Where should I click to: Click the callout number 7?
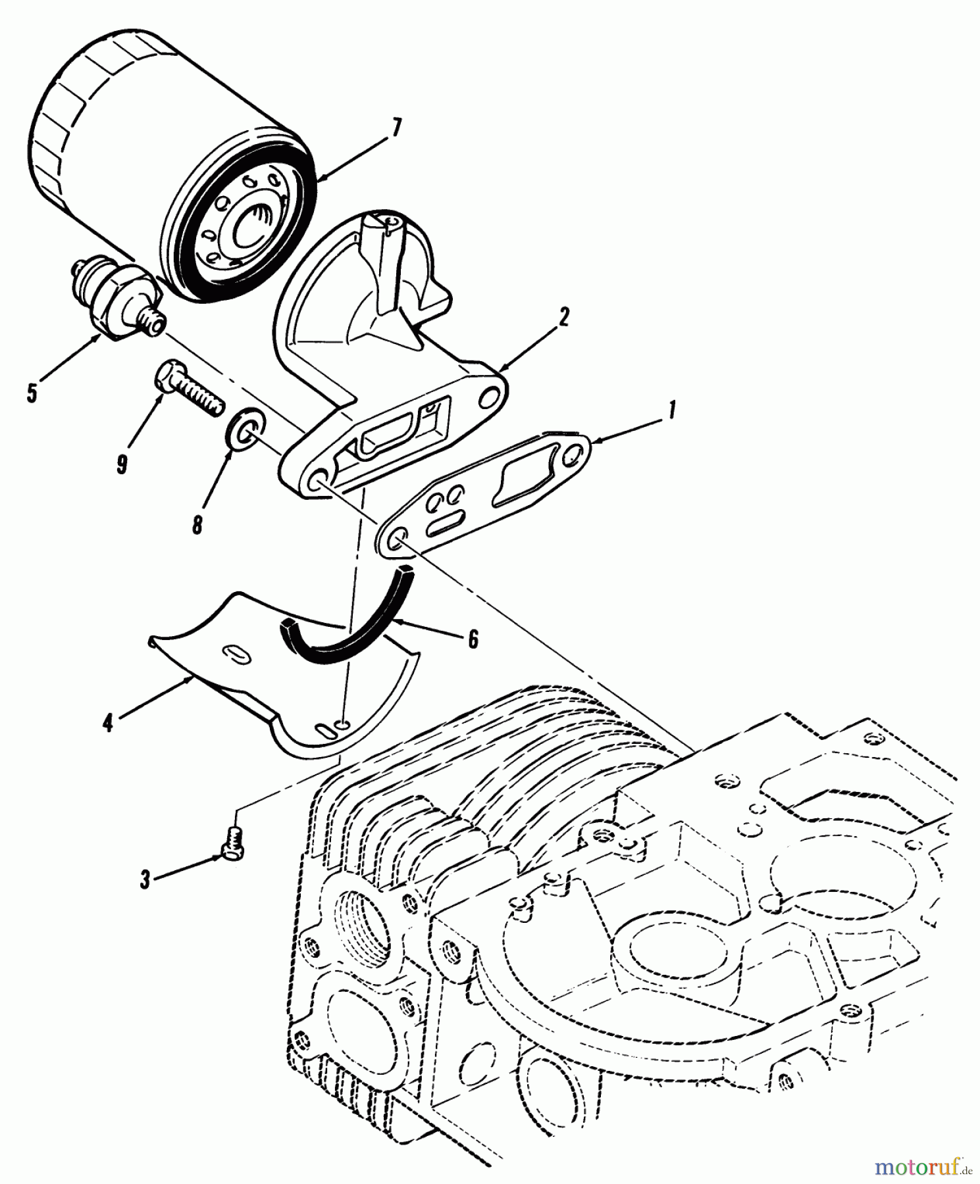[x=395, y=128]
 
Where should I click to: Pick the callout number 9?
[x=122, y=464]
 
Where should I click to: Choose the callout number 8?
[x=197, y=526]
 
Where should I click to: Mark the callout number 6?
[x=473, y=639]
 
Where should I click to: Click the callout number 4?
[x=107, y=724]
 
